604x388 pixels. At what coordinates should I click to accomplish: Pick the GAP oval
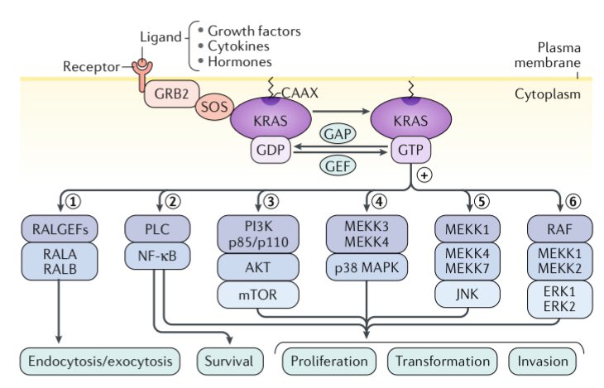click(339, 133)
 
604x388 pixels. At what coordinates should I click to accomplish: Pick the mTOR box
click(258, 295)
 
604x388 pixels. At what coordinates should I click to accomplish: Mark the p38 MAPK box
click(367, 270)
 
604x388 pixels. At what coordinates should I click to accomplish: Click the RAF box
click(559, 228)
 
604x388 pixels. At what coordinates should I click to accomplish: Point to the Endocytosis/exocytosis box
click(100, 362)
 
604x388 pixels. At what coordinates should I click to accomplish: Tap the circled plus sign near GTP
click(424, 175)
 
